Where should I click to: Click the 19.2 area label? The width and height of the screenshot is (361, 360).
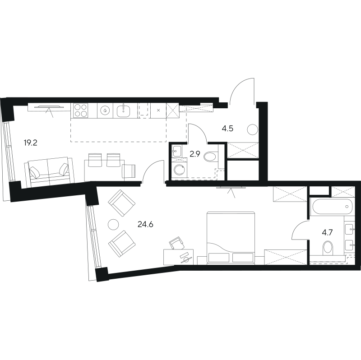(x=30, y=143)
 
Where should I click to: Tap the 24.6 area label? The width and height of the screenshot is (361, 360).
(x=145, y=224)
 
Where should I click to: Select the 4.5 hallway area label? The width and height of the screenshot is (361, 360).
(x=227, y=129)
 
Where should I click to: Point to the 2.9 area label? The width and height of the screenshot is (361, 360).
(x=195, y=154)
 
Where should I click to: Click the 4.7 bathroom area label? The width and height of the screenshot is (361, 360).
(x=327, y=233)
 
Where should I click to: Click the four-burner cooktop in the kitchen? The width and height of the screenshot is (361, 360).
(x=81, y=111)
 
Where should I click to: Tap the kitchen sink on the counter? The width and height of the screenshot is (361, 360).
(x=123, y=111)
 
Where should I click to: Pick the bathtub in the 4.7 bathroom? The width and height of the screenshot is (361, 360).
(x=333, y=207)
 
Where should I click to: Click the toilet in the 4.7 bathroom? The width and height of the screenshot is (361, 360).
(x=328, y=249)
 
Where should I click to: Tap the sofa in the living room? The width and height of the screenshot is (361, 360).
(x=49, y=172)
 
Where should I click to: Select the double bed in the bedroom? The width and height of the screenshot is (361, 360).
(x=231, y=238)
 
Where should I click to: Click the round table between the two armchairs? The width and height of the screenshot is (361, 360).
(x=113, y=224)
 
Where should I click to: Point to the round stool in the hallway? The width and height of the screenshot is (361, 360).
(x=253, y=130)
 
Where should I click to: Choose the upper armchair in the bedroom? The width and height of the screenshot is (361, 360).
(x=121, y=203)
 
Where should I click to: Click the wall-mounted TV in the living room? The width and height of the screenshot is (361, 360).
(x=49, y=106)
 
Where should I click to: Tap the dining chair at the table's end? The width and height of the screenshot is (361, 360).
(x=129, y=171)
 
